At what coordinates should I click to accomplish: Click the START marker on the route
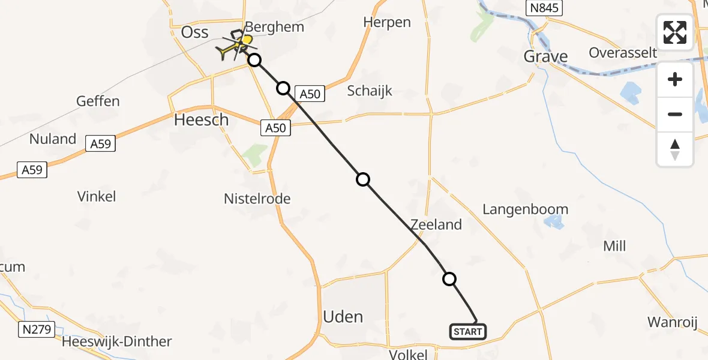[x=467, y=331]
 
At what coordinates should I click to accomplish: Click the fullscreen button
[x=675, y=32]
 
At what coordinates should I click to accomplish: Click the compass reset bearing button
[x=675, y=149]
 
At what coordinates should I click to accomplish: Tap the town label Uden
[x=343, y=316]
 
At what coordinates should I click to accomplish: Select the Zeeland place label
[x=436, y=224]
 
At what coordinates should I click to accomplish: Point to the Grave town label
[x=545, y=56]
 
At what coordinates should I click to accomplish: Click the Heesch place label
[x=201, y=119]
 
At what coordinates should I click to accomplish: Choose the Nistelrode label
[x=257, y=198]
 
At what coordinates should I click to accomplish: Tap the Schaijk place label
[x=370, y=91]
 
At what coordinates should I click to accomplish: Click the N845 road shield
[x=542, y=8]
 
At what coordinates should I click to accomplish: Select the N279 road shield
[x=38, y=329]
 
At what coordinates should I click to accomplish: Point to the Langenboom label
[x=525, y=209]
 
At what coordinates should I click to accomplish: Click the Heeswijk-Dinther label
[x=117, y=342]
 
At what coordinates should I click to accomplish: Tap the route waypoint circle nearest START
[x=449, y=278]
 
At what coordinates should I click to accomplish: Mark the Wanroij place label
[x=672, y=322]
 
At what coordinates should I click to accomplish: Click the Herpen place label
[x=387, y=22]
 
